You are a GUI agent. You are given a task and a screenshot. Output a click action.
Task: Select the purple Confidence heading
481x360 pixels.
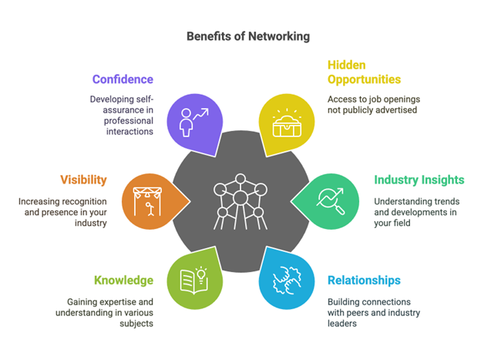(x=123, y=79)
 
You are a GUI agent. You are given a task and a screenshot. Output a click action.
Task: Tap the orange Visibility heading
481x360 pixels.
(x=83, y=180)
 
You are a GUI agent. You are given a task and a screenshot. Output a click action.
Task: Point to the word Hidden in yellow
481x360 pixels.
(x=347, y=65)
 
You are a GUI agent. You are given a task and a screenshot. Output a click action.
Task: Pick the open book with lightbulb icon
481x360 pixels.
(x=192, y=279)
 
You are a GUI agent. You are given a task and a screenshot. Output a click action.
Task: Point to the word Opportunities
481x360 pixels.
(x=364, y=79)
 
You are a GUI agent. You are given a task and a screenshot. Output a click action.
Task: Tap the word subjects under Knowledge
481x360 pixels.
(x=136, y=325)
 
